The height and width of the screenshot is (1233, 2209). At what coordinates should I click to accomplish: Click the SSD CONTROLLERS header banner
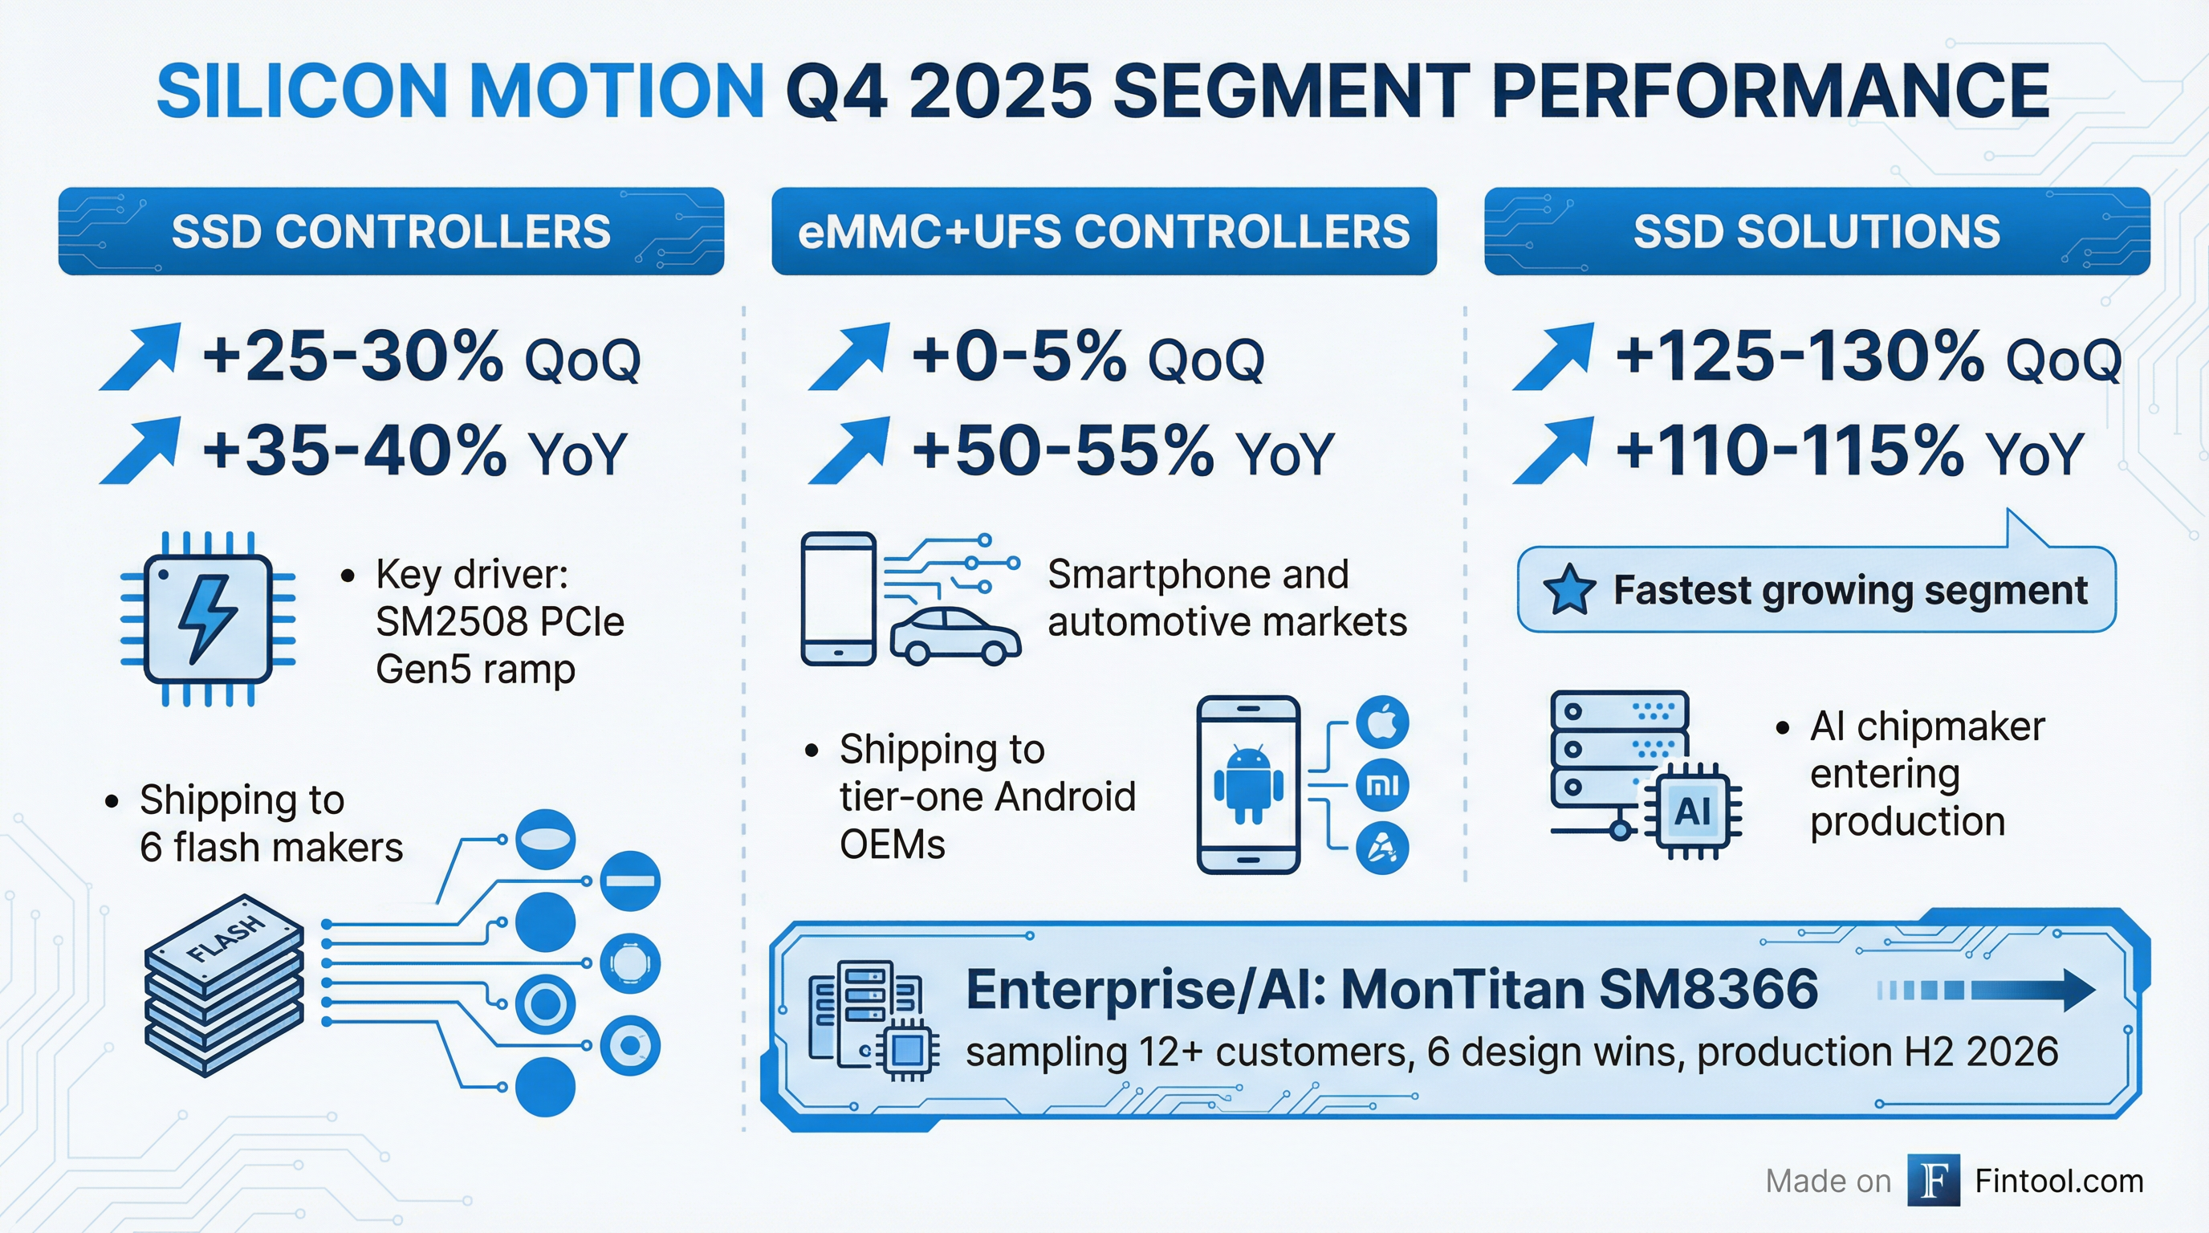click(x=391, y=231)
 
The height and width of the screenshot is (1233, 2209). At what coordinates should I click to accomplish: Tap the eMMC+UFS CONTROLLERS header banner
click(x=1104, y=231)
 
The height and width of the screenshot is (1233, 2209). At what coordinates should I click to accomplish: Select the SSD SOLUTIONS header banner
click(x=1816, y=231)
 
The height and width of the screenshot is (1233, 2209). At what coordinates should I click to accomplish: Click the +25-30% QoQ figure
click(x=420, y=357)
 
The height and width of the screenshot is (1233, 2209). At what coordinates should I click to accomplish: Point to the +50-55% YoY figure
click(x=1121, y=452)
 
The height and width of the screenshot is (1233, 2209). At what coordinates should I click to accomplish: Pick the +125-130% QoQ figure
click(x=1866, y=357)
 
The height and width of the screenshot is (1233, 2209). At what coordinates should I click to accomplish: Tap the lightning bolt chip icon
click(x=209, y=618)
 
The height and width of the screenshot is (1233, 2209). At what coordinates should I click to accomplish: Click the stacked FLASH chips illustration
click(x=224, y=986)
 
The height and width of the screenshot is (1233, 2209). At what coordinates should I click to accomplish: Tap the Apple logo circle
click(x=1381, y=722)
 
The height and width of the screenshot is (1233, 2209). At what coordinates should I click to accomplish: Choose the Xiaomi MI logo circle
click(x=1381, y=784)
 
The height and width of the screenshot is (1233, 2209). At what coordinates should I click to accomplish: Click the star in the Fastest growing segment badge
click(x=1568, y=590)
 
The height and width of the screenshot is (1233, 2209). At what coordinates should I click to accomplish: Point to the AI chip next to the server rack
click(x=1692, y=810)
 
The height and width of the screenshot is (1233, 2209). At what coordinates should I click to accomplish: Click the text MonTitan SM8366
click(x=1578, y=991)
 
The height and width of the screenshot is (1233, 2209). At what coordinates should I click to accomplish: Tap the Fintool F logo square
click(x=1933, y=1181)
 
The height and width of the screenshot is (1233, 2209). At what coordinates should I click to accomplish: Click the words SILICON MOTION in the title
click(x=461, y=91)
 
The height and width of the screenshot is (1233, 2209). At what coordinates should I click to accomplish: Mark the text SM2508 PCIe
click(x=499, y=621)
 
